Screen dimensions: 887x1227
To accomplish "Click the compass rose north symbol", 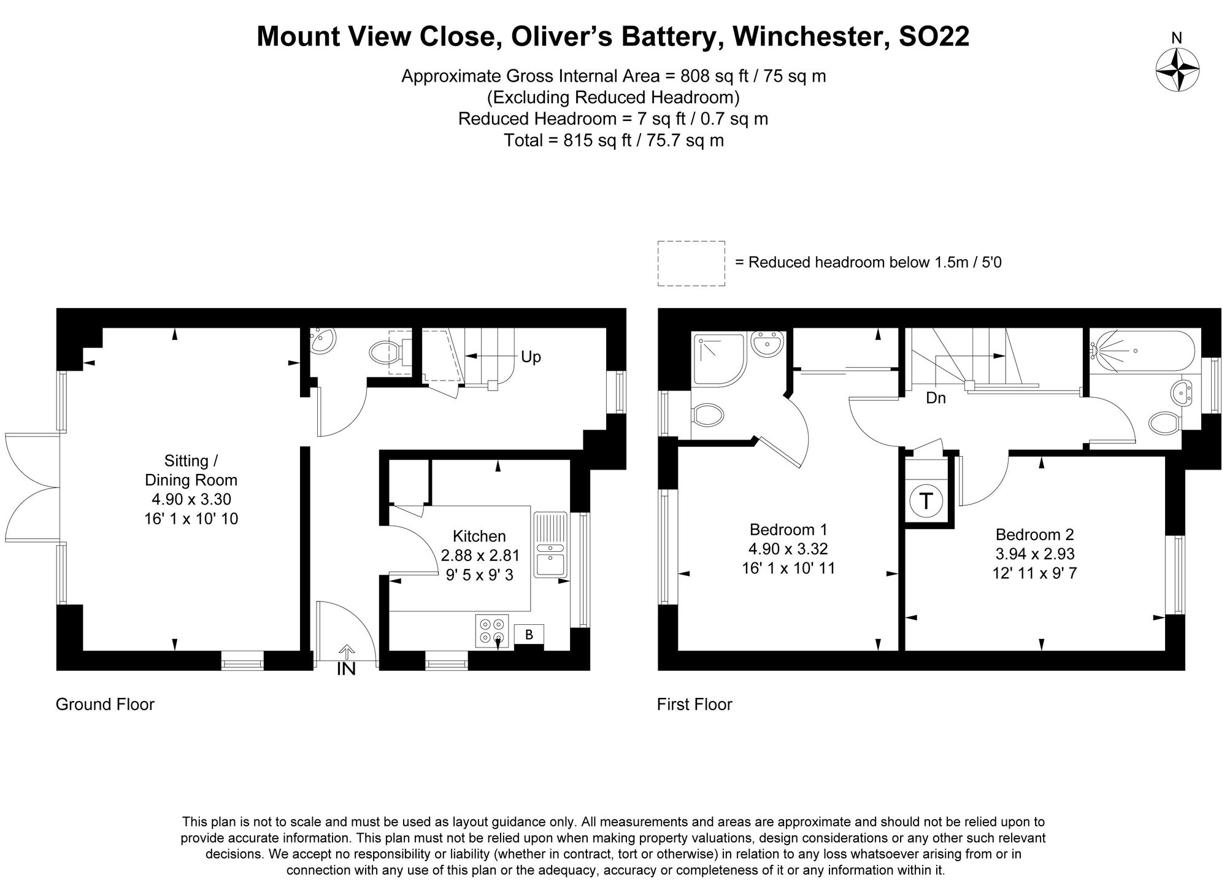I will pos(1177,69).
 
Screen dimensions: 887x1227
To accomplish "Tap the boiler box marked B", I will pos(529,635).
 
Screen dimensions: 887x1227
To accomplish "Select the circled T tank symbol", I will pos(926,501).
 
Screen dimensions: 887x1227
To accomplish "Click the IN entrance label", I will pos(347,669).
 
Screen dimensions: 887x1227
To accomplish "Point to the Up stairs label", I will pos(531,357).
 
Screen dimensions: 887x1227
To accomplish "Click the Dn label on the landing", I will pos(936,398).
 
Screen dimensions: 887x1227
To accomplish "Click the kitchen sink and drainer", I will pos(550,544).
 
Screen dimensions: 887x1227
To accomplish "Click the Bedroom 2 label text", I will pos(1034,534).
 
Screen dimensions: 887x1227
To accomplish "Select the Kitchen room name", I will pos(479,536).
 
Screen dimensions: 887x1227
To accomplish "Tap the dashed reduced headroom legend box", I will pos(691,263).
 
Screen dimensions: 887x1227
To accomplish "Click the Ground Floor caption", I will pos(105,704).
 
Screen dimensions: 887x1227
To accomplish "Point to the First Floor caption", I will pos(694,704).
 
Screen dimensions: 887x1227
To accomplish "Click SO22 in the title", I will pos(934,36).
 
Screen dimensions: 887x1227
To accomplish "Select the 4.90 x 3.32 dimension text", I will pos(788,549).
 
